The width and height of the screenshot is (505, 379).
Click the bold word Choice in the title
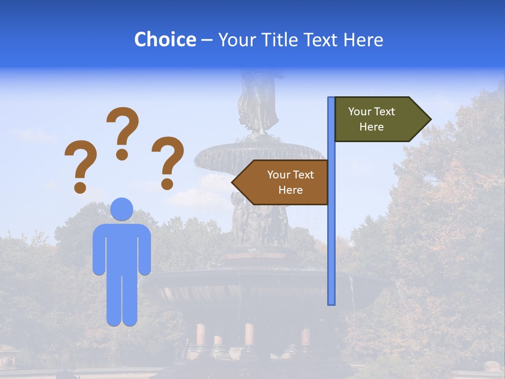tap(165, 39)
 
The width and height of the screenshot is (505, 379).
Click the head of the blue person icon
tap(122, 209)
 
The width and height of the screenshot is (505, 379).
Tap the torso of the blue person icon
tap(122, 247)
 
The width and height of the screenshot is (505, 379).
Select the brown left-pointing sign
tap(284, 182)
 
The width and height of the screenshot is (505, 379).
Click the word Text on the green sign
tap(384, 111)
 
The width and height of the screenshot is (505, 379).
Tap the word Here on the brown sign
tap(290, 190)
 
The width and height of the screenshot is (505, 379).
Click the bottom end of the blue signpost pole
tap(331, 302)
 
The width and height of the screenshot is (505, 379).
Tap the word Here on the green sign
tap(371, 127)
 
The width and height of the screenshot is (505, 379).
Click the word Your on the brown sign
tap(278, 175)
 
